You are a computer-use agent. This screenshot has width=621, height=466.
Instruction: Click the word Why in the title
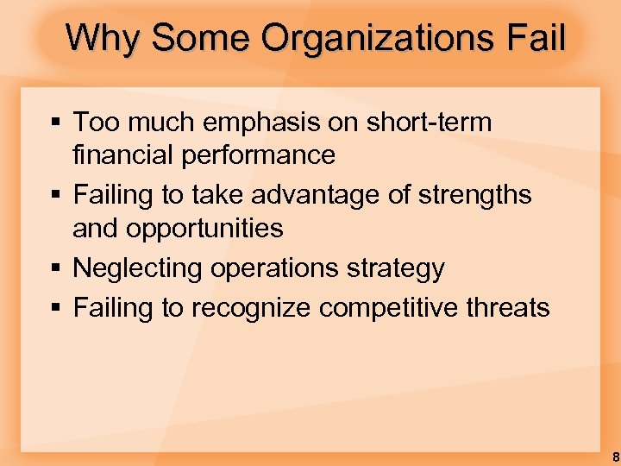(99, 38)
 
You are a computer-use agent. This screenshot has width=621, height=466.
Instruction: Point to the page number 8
(615, 456)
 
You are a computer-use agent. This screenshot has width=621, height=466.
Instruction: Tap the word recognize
(250, 307)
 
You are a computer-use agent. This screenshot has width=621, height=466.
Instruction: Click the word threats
(511, 307)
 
